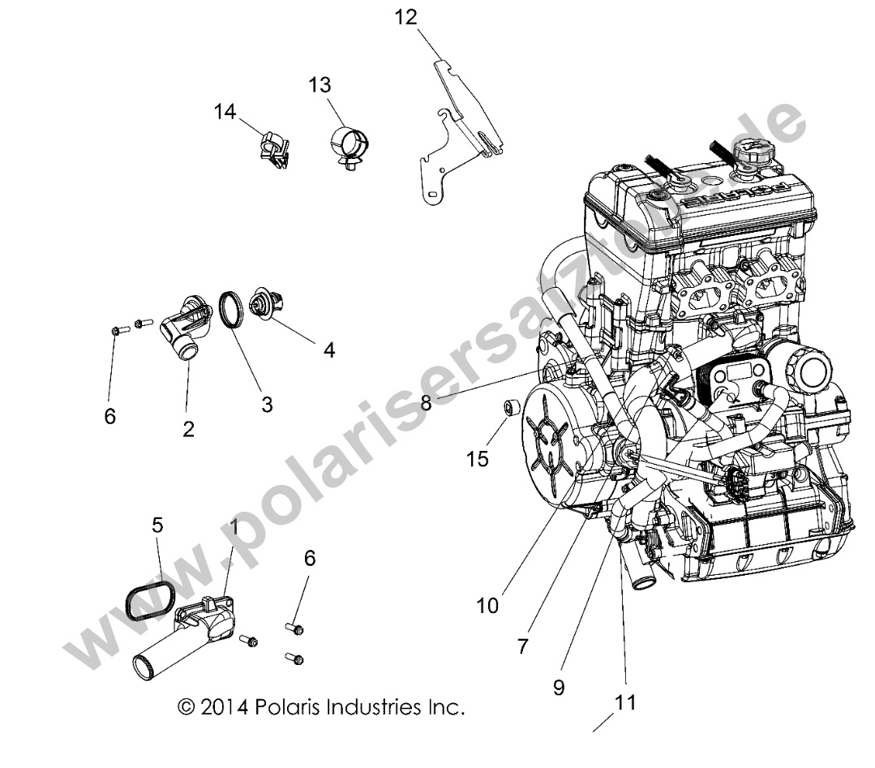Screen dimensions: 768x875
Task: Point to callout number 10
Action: pyautogui.click(x=487, y=604)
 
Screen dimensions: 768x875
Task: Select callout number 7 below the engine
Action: pyautogui.click(x=522, y=646)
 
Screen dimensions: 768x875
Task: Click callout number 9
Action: pyautogui.click(x=559, y=687)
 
